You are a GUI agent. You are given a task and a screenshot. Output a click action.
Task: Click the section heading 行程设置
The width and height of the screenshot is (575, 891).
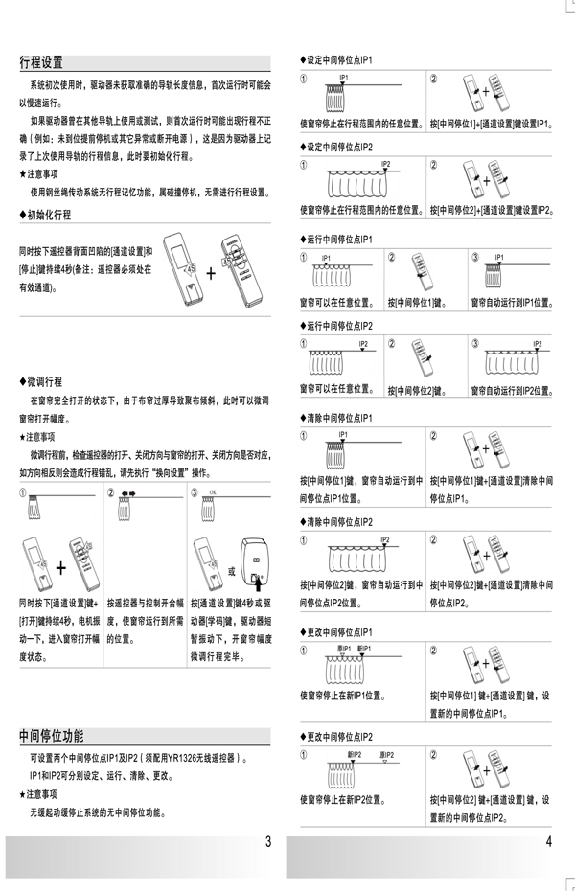41,63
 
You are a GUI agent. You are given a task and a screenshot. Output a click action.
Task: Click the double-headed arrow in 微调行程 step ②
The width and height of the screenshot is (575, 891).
127,493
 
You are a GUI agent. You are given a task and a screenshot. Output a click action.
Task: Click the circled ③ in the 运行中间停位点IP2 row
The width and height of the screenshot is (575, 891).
475,341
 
